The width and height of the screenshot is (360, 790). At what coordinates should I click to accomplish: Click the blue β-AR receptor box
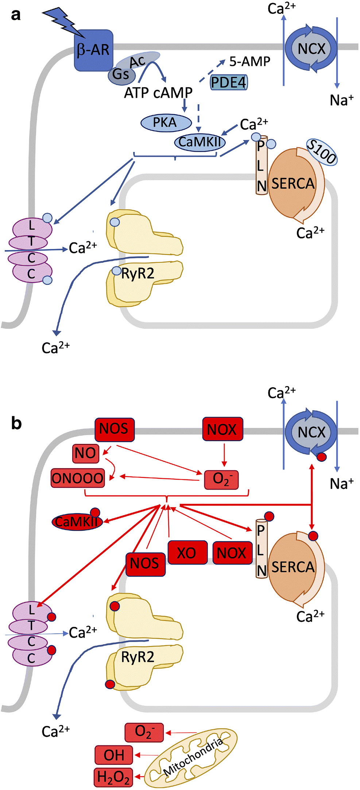click(x=93, y=50)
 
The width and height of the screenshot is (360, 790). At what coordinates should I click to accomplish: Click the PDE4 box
click(x=229, y=82)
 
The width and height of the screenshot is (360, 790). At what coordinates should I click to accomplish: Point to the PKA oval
click(x=166, y=122)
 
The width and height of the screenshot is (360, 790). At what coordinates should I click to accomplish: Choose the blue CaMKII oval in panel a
click(x=200, y=142)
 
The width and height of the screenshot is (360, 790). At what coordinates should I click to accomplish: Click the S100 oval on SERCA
click(x=321, y=152)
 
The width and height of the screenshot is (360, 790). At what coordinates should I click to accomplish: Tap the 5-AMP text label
click(x=250, y=62)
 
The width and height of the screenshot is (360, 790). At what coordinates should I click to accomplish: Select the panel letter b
click(x=16, y=423)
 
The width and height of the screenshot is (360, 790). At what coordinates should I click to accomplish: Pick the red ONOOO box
click(x=78, y=478)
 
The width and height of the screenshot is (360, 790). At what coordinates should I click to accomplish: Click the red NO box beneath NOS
click(x=86, y=453)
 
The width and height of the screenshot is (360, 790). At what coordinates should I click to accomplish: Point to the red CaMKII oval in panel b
click(x=77, y=522)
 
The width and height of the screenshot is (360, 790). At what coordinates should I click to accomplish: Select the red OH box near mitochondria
click(x=114, y=755)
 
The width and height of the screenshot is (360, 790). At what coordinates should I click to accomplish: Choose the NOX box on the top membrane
click(x=222, y=429)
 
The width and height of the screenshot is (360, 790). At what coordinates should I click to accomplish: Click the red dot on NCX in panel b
click(x=321, y=457)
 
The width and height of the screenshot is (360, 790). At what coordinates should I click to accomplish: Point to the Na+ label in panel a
click(x=341, y=100)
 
